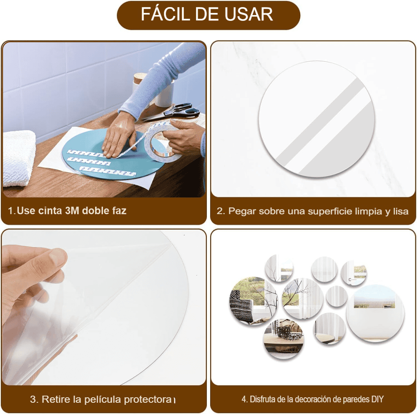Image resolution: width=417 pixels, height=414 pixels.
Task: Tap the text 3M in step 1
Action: pos(72,211)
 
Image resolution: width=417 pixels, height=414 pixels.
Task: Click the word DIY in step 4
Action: pos(377,399)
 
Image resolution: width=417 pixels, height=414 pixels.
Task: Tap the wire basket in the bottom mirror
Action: pos(287,333)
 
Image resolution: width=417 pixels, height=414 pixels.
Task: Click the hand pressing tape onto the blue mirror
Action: pos(118,135)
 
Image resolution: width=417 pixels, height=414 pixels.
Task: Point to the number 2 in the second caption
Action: pos(220,211)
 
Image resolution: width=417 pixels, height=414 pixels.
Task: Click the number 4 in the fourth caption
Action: pos(244,399)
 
